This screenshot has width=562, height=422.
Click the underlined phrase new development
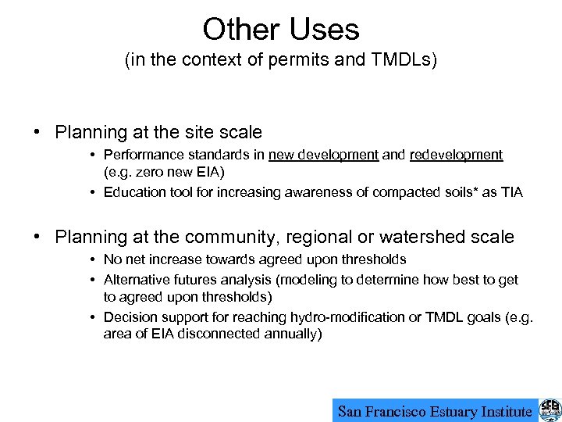click(323, 155)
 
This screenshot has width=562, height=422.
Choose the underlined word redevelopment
click(456, 155)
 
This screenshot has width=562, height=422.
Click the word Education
click(133, 192)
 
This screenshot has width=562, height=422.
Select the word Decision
click(128, 317)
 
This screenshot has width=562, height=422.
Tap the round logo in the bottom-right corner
click(550, 410)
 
